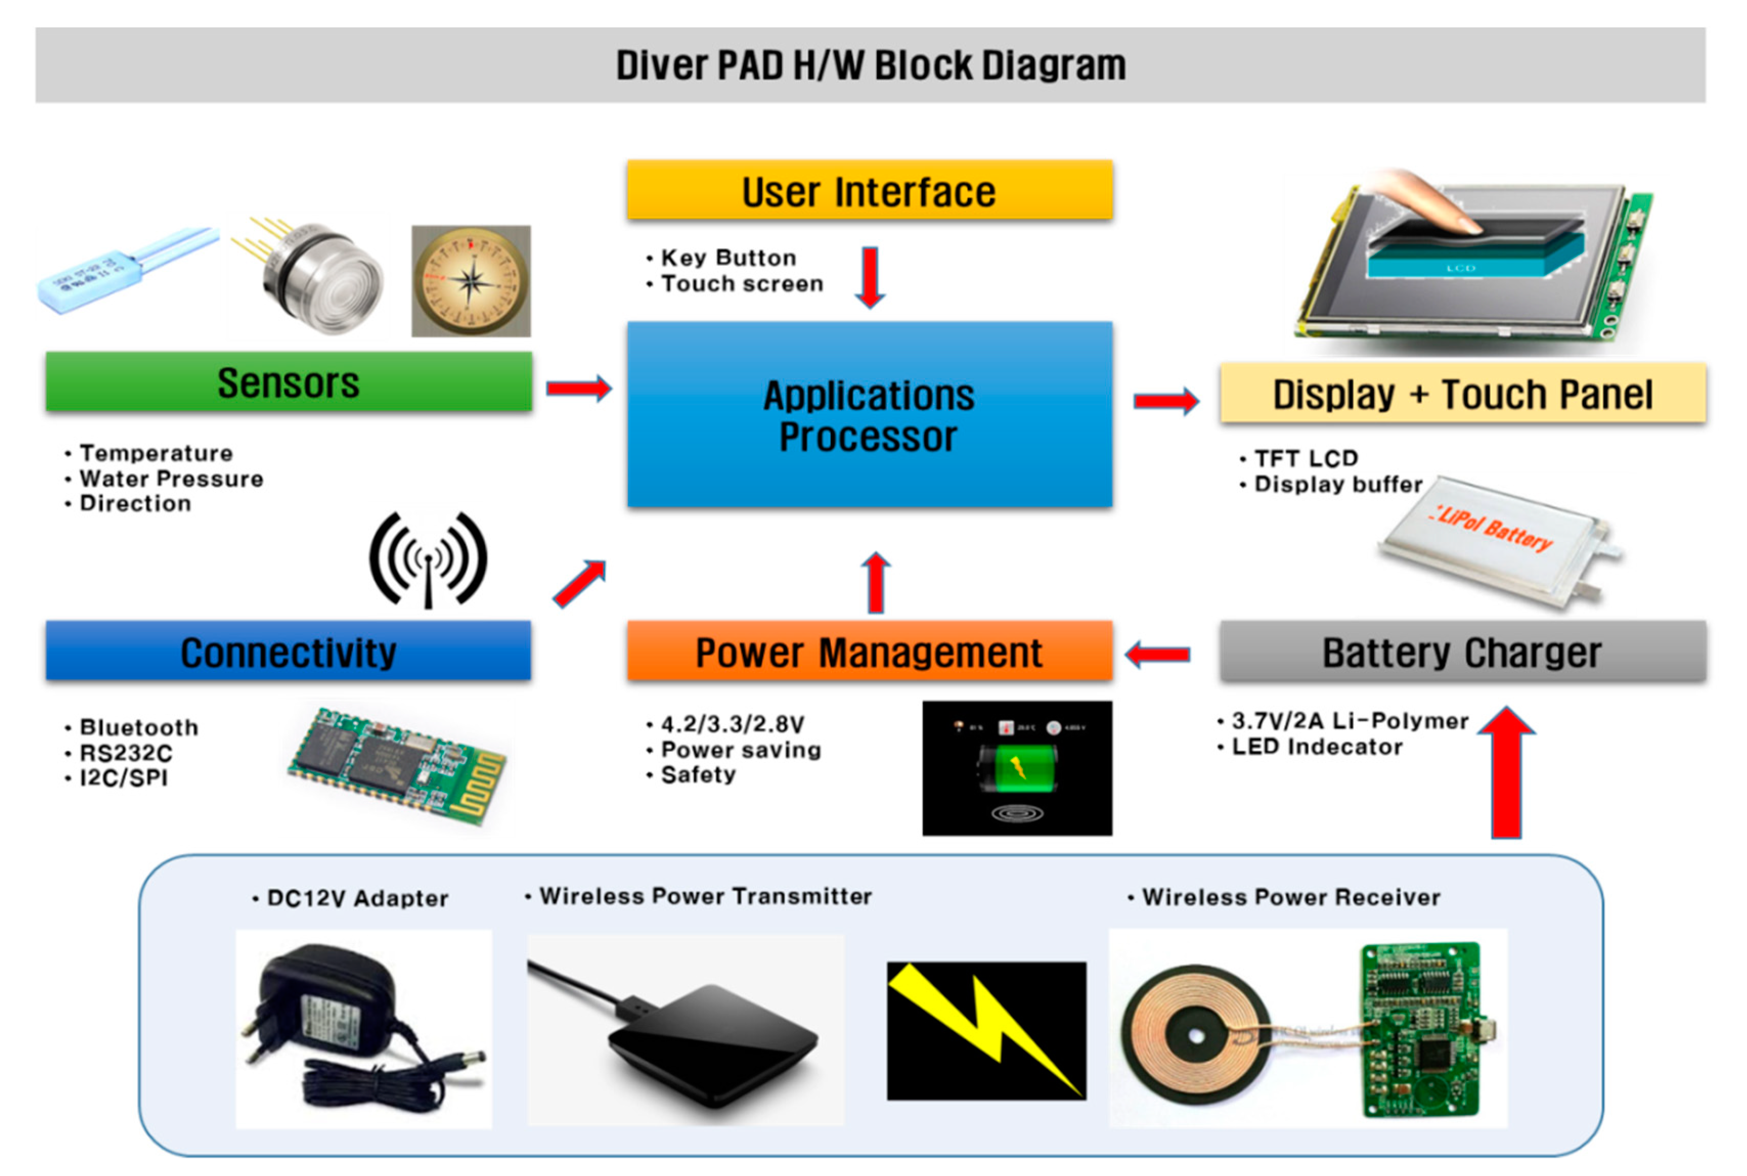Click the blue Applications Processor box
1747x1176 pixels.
pos(869,415)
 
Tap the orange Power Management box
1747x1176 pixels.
pos(869,651)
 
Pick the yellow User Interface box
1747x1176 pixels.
pos(869,190)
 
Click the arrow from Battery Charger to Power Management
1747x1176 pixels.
pos(1157,654)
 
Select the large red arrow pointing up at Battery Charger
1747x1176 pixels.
pos(1506,772)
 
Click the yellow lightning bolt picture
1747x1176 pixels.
pos(986,1031)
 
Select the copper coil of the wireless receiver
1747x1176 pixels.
pos(1195,1035)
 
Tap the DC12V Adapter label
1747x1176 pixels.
pos(357,898)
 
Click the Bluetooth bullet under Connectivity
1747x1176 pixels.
pos(139,727)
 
